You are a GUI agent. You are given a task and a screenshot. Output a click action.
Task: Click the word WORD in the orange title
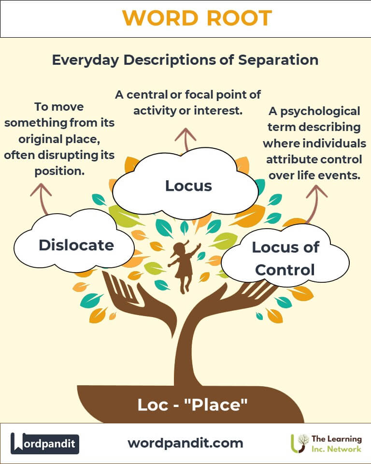[x=160, y=18]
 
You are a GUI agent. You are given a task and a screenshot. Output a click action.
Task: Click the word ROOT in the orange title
[x=239, y=18]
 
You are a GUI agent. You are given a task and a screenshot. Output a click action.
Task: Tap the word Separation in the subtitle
[x=278, y=60]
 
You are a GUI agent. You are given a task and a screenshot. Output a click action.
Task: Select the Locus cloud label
[x=188, y=186]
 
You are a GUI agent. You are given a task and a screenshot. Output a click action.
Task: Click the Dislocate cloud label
[x=76, y=245]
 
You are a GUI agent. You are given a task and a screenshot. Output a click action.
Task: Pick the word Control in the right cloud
[x=285, y=270]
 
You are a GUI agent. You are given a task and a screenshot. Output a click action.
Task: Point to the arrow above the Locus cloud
[x=185, y=140]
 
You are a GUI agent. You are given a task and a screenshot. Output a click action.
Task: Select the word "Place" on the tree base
[x=215, y=405]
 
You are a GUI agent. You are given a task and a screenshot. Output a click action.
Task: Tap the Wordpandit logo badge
[x=44, y=443]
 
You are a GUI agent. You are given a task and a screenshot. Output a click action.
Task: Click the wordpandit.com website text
[x=185, y=443]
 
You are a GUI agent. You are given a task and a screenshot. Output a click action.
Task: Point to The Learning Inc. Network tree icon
[x=300, y=443]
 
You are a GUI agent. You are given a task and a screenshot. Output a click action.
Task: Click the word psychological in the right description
[x=320, y=111]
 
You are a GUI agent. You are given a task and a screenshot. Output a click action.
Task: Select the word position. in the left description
[x=59, y=171]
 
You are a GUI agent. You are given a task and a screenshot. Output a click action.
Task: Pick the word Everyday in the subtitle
[x=86, y=60]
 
